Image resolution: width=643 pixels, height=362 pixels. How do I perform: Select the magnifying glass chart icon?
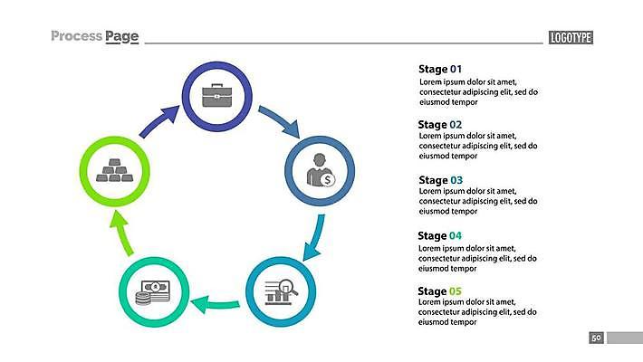tap(281, 291)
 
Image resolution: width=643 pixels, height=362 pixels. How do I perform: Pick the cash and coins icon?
tap(153, 291)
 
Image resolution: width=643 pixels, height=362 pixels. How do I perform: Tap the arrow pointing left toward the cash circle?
tap(216, 306)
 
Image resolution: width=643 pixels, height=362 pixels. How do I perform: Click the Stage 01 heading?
tap(440, 69)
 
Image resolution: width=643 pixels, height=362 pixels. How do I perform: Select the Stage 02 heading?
tap(440, 125)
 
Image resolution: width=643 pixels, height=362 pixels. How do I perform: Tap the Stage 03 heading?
tap(440, 180)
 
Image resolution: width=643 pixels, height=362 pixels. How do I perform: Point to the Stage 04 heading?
tap(440, 235)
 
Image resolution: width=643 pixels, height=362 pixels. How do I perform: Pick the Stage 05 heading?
tap(440, 291)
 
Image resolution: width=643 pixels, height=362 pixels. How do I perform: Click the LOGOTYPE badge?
tap(571, 37)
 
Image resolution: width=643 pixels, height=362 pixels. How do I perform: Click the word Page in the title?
tap(121, 36)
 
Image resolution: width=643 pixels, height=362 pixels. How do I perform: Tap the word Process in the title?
tap(76, 36)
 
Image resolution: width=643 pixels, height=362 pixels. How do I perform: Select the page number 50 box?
tap(596, 338)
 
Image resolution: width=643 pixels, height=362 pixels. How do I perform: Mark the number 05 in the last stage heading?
tap(456, 291)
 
